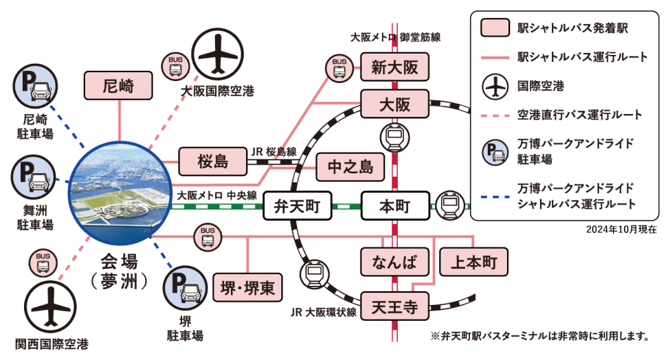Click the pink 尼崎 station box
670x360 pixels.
(118, 86)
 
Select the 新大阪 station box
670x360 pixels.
(394, 67)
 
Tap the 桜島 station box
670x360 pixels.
(212, 162)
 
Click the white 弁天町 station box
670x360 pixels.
(297, 205)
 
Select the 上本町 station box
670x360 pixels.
(473, 262)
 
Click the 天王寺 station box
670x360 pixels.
(394, 306)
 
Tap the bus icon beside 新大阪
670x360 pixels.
(340, 67)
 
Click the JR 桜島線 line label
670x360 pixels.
(273, 151)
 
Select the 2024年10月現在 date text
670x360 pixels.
(622, 230)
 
